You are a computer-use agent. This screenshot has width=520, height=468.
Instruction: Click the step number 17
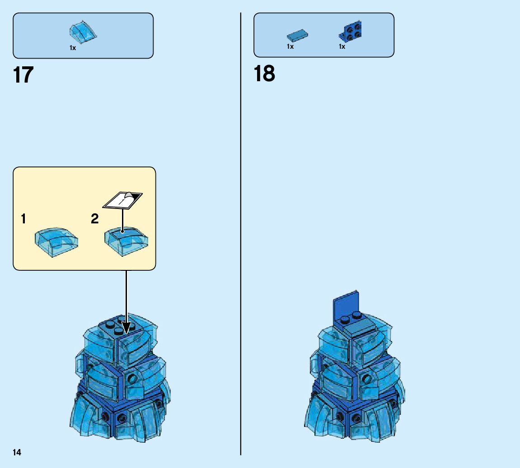[23, 75]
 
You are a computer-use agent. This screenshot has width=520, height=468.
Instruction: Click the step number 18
[264, 74]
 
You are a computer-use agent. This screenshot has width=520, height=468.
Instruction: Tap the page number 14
[17, 453]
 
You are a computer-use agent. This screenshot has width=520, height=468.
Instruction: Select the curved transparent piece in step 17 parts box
[83, 31]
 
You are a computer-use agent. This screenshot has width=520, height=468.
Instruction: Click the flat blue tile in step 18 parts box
[297, 35]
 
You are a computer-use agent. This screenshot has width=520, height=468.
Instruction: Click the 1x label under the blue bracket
[342, 46]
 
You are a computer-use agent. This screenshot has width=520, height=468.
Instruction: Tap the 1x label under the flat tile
[290, 46]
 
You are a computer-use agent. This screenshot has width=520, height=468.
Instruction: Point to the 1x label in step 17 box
[73, 48]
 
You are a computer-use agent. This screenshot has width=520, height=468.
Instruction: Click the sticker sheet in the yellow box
[122, 200]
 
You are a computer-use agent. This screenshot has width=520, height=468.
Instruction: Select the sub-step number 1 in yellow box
[23, 220]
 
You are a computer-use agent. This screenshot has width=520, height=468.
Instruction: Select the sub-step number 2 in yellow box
[94, 219]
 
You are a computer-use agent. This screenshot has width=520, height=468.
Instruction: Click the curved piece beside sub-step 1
[56, 242]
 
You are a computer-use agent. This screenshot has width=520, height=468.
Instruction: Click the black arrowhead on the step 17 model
[126, 328]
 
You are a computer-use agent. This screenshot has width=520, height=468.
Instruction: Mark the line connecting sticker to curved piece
[122, 219]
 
